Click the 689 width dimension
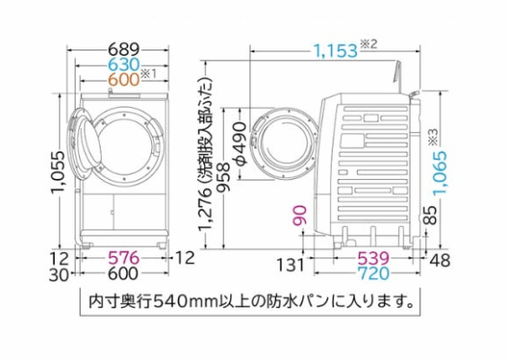(123, 49)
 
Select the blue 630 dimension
(123, 65)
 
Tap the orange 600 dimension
(123, 79)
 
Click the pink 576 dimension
(123, 257)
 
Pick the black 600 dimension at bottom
(123, 274)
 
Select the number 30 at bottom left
(59, 275)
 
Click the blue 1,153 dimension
(335, 51)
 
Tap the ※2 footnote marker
(369, 44)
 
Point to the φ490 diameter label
(240, 143)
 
